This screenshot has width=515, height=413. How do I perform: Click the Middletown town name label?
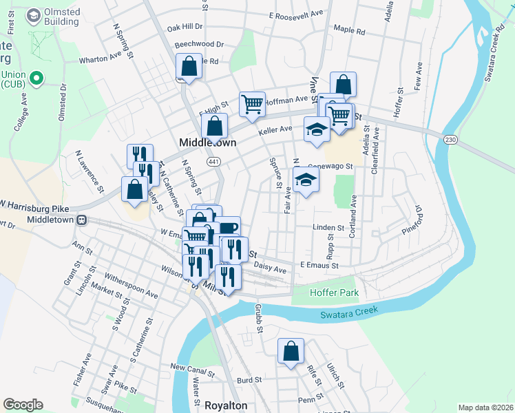pyautogui.click(x=207, y=142)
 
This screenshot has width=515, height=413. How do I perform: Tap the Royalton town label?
pyautogui.click(x=226, y=405)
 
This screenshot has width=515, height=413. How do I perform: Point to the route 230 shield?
pyautogui.click(x=450, y=139)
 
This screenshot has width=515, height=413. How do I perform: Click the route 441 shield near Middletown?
pyautogui.click(x=214, y=161)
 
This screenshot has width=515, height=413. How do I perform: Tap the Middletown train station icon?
pyautogui.click(x=82, y=220)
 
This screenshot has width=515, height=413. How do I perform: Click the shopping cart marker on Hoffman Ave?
pyautogui.click(x=253, y=104)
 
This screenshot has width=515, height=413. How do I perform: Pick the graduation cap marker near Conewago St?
pyautogui.click(x=306, y=181)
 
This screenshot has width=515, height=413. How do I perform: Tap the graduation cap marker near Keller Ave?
pyautogui.click(x=316, y=130)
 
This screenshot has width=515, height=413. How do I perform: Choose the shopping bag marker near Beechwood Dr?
pyautogui.click(x=189, y=67)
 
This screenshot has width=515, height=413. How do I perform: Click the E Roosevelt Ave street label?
pyautogui.click(x=296, y=14)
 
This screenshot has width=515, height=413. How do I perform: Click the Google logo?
pyautogui.click(x=23, y=405)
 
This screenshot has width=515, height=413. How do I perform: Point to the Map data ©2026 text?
pyautogui.click(x=485, y=407)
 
